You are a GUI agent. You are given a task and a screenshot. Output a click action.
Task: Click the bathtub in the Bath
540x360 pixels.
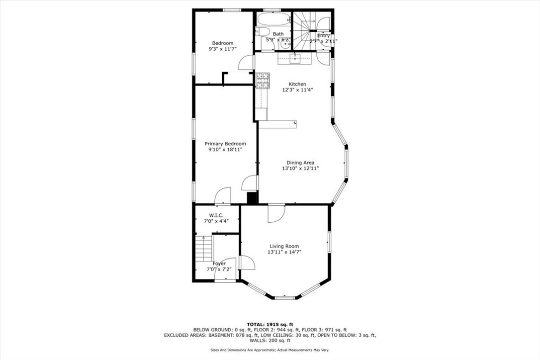coord(272,20)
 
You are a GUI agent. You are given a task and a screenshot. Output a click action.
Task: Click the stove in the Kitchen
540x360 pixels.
coord(263,81)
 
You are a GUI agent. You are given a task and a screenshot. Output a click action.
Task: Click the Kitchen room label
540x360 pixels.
coord(297,84)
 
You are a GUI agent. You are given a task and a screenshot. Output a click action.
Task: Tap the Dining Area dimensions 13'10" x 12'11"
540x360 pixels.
coord(300,169)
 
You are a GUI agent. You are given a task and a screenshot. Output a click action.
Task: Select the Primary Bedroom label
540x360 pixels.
coord(225,144)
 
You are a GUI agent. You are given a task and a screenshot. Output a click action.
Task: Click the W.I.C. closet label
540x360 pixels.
coord(216,215)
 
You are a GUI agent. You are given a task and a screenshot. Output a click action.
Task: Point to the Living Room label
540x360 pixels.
coord(284,246)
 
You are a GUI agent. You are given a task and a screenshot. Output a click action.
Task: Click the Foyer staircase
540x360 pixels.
coord(203,248)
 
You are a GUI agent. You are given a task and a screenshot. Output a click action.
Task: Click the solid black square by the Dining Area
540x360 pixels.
coord(252,198)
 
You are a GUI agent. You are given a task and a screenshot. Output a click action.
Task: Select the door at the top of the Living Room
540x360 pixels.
coord(275,212)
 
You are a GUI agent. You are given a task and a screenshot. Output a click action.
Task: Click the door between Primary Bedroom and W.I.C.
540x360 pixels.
coord(223,195)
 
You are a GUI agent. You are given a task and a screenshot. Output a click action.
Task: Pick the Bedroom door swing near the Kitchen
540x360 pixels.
coord(247,63)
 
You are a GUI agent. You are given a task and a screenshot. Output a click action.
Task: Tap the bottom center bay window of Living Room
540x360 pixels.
coord(285,297)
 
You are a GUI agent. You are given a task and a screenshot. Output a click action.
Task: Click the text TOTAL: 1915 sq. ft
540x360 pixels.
coord(270,324)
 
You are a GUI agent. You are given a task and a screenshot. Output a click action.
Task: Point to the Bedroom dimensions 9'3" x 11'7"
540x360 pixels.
coord(223,49)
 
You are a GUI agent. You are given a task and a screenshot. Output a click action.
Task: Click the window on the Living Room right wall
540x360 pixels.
coord(328,241)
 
